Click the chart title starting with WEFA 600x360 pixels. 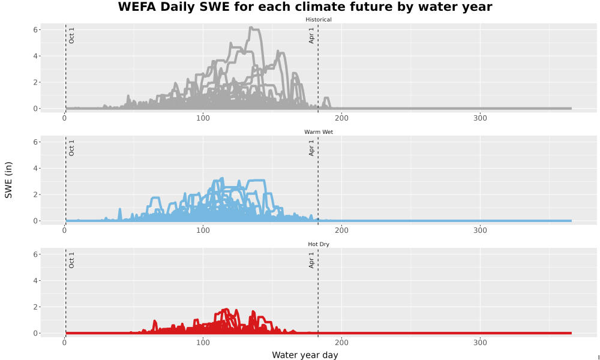coord(305,7)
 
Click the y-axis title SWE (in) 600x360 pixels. coord(8,180)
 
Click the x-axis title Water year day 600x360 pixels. coord(305,355)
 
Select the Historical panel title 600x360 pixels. coord(319,20)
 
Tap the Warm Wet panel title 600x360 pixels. coord(319,132)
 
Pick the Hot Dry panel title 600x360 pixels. coord(319,244)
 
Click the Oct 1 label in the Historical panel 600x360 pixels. coord(71,35)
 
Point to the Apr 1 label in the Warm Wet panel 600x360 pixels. coord(311,148)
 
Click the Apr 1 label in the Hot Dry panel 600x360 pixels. coord(311,260)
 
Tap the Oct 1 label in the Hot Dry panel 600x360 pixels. coord(71,260)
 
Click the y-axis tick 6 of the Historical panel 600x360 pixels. coord(35,30)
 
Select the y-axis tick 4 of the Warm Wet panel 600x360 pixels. coord(35,169)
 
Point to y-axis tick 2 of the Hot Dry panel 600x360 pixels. coord(35,307)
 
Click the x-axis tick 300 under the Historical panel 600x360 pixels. coord(480,118)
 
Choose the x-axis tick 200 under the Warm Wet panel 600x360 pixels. coord(341,230)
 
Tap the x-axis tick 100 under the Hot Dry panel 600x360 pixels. coord(203,343)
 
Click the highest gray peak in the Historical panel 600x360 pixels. coord(251,28)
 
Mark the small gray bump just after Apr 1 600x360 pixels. coord(326,101)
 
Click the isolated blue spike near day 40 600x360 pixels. coord(120,213)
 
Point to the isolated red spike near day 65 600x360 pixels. coord(155,325)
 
